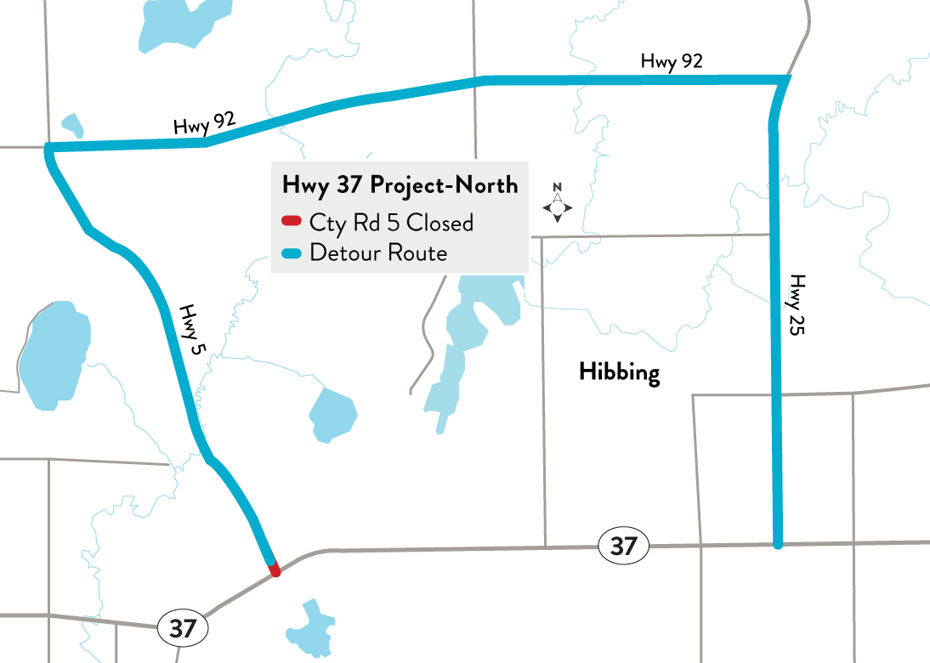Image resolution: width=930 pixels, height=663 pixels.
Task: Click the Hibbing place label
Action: click(619, 372)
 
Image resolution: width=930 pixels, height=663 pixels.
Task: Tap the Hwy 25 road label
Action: click(796, 305)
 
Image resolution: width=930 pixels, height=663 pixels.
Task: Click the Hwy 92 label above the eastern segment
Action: click(672, 61)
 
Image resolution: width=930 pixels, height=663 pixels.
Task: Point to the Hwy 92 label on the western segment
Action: click(204, 124)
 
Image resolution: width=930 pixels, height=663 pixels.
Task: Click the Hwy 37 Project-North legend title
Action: click(400, 184)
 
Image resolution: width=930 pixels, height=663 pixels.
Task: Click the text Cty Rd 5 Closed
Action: click(391, 223)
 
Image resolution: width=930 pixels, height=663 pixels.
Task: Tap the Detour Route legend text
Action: click(378, 252)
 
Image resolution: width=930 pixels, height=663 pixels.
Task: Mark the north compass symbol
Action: click(557, 204)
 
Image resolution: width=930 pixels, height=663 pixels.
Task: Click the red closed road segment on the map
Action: click(273, 569)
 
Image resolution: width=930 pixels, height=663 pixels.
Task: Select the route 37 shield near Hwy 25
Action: click(623, 546)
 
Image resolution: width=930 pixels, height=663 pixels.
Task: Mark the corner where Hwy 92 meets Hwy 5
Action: click(49, 150)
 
